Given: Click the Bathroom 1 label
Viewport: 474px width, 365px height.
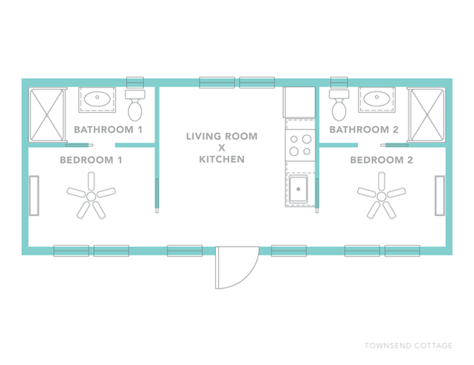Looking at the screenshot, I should pyautogui.click(x=107, y=128).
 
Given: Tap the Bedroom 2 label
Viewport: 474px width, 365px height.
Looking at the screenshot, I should pyautogui.click(x=382, y=159).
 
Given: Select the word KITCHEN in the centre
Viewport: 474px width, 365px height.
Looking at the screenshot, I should pyautogui.click(x=222, y=159).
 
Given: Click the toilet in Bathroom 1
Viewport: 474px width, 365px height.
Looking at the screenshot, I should pyautogui.click(x=135, y=102).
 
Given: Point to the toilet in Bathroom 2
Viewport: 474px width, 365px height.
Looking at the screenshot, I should pyautogui.click(x=340, y=102).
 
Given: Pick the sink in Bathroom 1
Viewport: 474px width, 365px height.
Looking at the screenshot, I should pyautogui.click(x=99, y=100).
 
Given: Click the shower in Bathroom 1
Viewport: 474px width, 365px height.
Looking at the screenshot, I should pyautogui.click(x=47, y=115).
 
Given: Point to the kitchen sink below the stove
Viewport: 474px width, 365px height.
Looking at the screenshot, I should pyautogui.click(x=299, y=190).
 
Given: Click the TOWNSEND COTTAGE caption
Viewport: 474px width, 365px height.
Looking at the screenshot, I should pyautogui.click(x=408, y=345).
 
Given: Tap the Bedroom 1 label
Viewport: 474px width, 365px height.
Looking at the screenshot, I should pyautogui.click(x=92, y=159).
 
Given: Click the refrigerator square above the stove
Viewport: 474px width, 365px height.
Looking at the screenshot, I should pyautogui.click(x=299, y=102).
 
